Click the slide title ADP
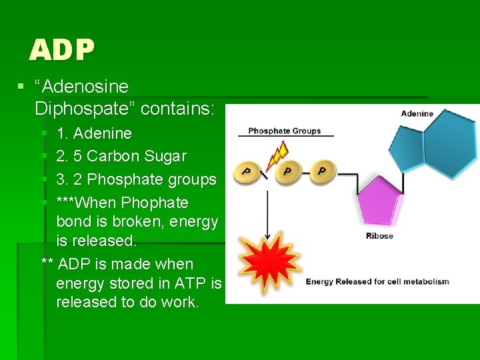pyautogui.click(x=62, y=49)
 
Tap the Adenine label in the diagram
pyautogui.click(x=417, y=113)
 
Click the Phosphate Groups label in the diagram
pyautogui.click(x=284, y=131)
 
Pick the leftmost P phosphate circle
pyautogui.click(x=247, y=172)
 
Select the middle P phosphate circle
pyautogui.click(x=287, y=171)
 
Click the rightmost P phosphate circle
pyautogui.click(x=321, y=171)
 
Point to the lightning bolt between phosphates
pyautogui.click(x=275, y=156)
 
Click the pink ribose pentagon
pyautogui.click(x=381, y=207)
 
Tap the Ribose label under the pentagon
pyautogui.click(x=379, y=236)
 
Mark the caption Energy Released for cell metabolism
pyautogui.click(x=377, y=281)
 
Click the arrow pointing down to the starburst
pyautogui.click(x=267, y=213)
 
